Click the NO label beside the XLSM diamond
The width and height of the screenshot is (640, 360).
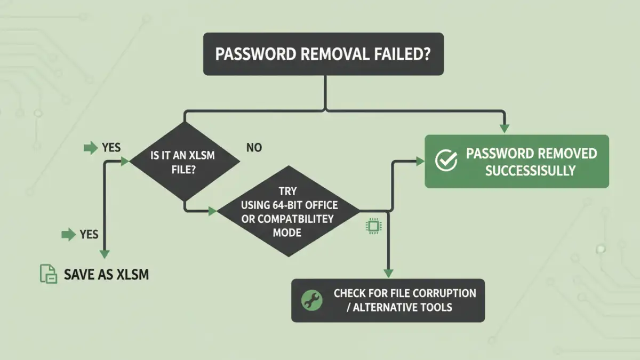click(x=254, y=148)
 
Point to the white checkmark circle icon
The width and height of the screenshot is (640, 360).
click(x=446, y=161)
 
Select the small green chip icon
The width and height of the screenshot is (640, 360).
click(x=373, y=226)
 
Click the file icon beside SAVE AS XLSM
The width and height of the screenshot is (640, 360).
click(x=49, y=274)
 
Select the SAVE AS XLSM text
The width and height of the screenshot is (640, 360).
click(x=106, y=275)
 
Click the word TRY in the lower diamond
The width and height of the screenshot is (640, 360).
click(x=287, y=191)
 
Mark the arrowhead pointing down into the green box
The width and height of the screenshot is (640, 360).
click(x=504, y=129)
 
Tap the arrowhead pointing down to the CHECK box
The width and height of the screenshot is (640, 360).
click(x=388, y=273)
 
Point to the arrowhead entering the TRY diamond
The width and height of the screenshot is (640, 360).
click(x=213, y=211)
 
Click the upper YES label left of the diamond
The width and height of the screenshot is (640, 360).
click(x=111, y=147)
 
